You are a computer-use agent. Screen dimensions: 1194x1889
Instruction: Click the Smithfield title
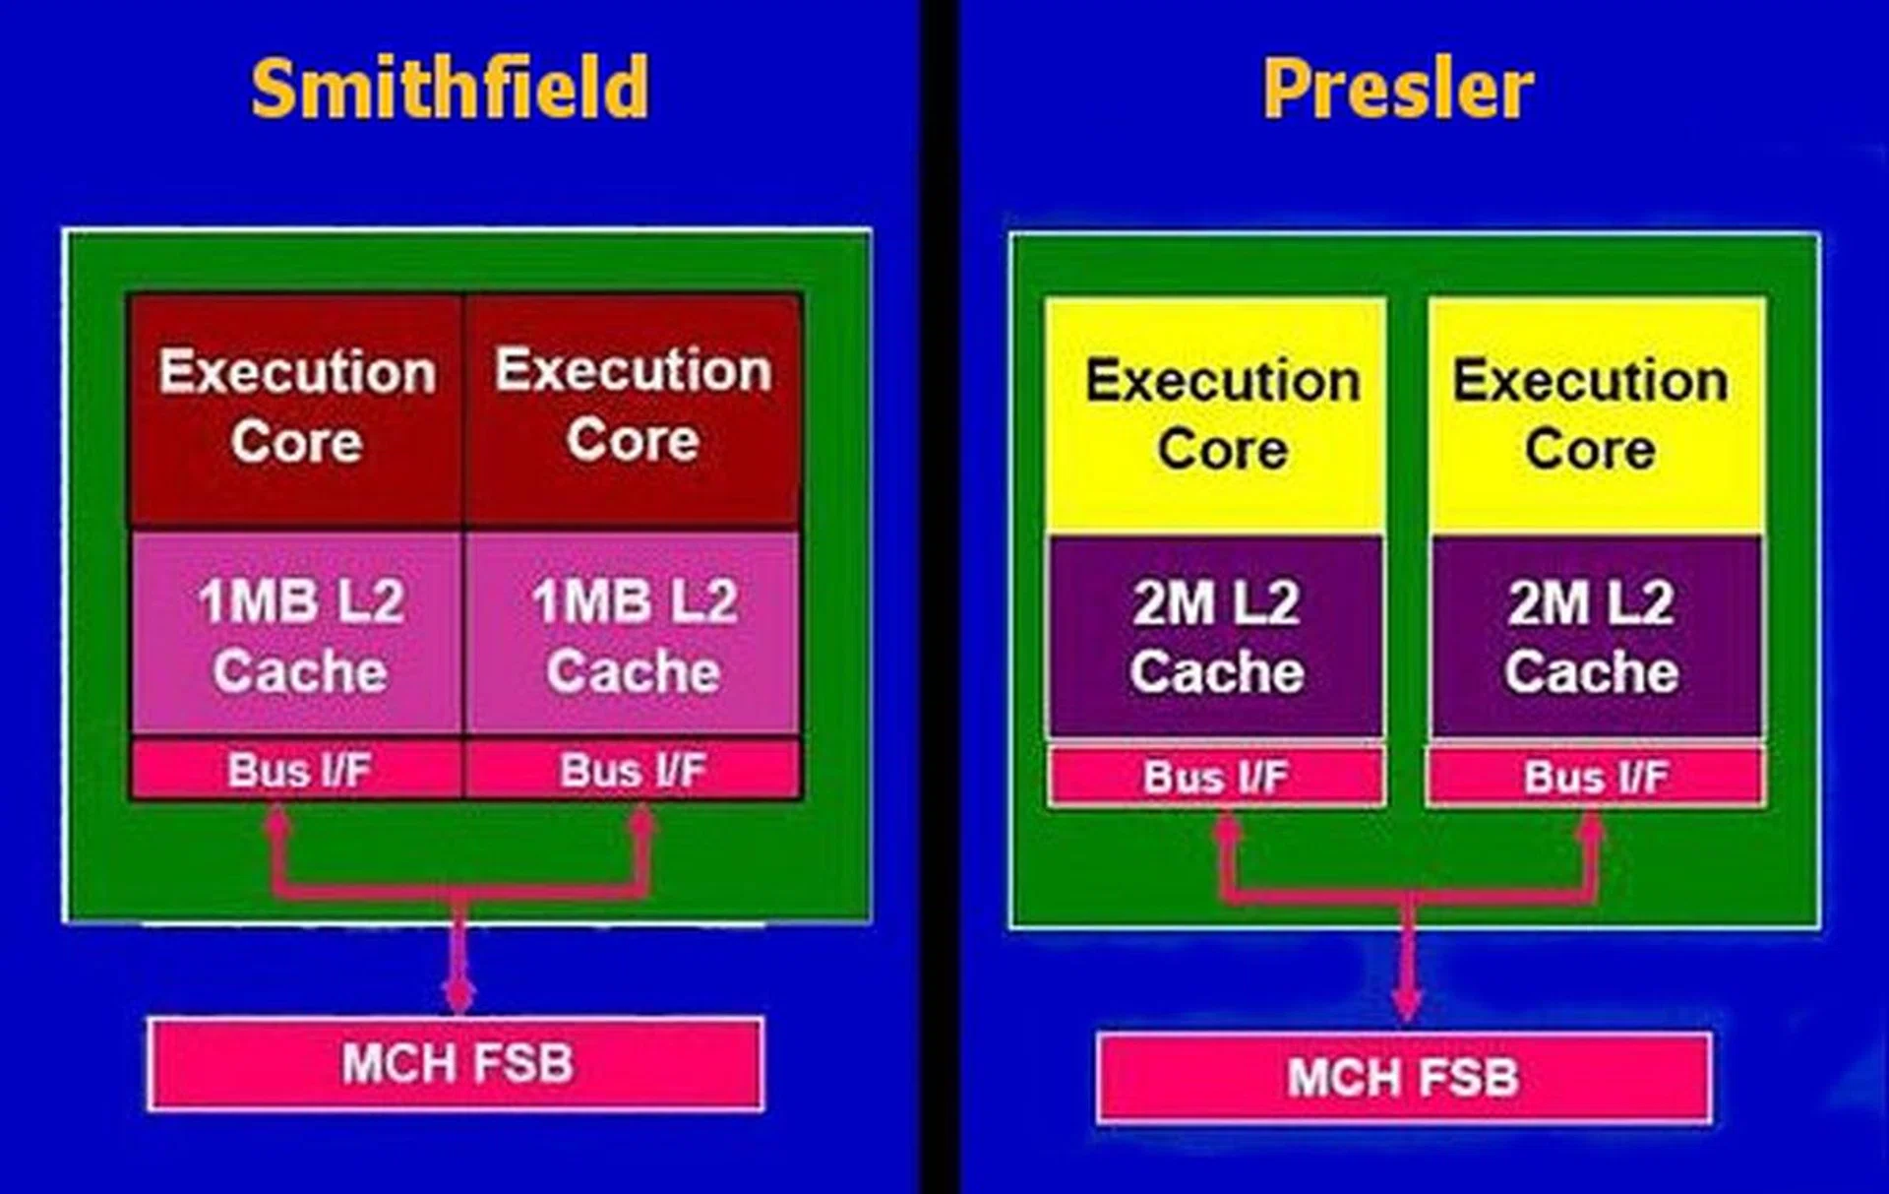tap(450, 89)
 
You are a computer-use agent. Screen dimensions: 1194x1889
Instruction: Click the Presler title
tap(1397, 89)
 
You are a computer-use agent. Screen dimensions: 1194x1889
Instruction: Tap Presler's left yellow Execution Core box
tap(1218, 416)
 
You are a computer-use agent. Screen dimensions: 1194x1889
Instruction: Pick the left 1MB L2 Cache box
tap(297, 635)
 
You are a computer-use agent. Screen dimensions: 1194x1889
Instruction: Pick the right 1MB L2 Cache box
tap(633, 635)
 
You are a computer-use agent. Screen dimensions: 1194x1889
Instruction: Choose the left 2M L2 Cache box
tap(1217, 637)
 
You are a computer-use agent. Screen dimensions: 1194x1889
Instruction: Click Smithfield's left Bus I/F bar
tap(297, 770)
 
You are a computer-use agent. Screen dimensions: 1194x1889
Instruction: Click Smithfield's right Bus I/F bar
tap(633, 770)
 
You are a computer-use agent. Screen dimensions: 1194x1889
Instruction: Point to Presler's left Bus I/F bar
tap(1217, 777)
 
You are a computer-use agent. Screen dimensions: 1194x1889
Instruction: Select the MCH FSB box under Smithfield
tap(457, 1064)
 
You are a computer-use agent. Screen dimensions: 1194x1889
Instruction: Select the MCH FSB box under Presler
tap(1404, 1078)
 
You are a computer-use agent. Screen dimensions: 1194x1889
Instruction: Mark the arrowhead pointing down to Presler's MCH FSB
tap(1408, 1006)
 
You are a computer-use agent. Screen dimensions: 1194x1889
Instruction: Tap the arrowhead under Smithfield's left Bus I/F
tap(277, 819)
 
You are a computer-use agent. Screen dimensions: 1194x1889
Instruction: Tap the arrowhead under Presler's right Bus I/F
tap(1591, 829)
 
